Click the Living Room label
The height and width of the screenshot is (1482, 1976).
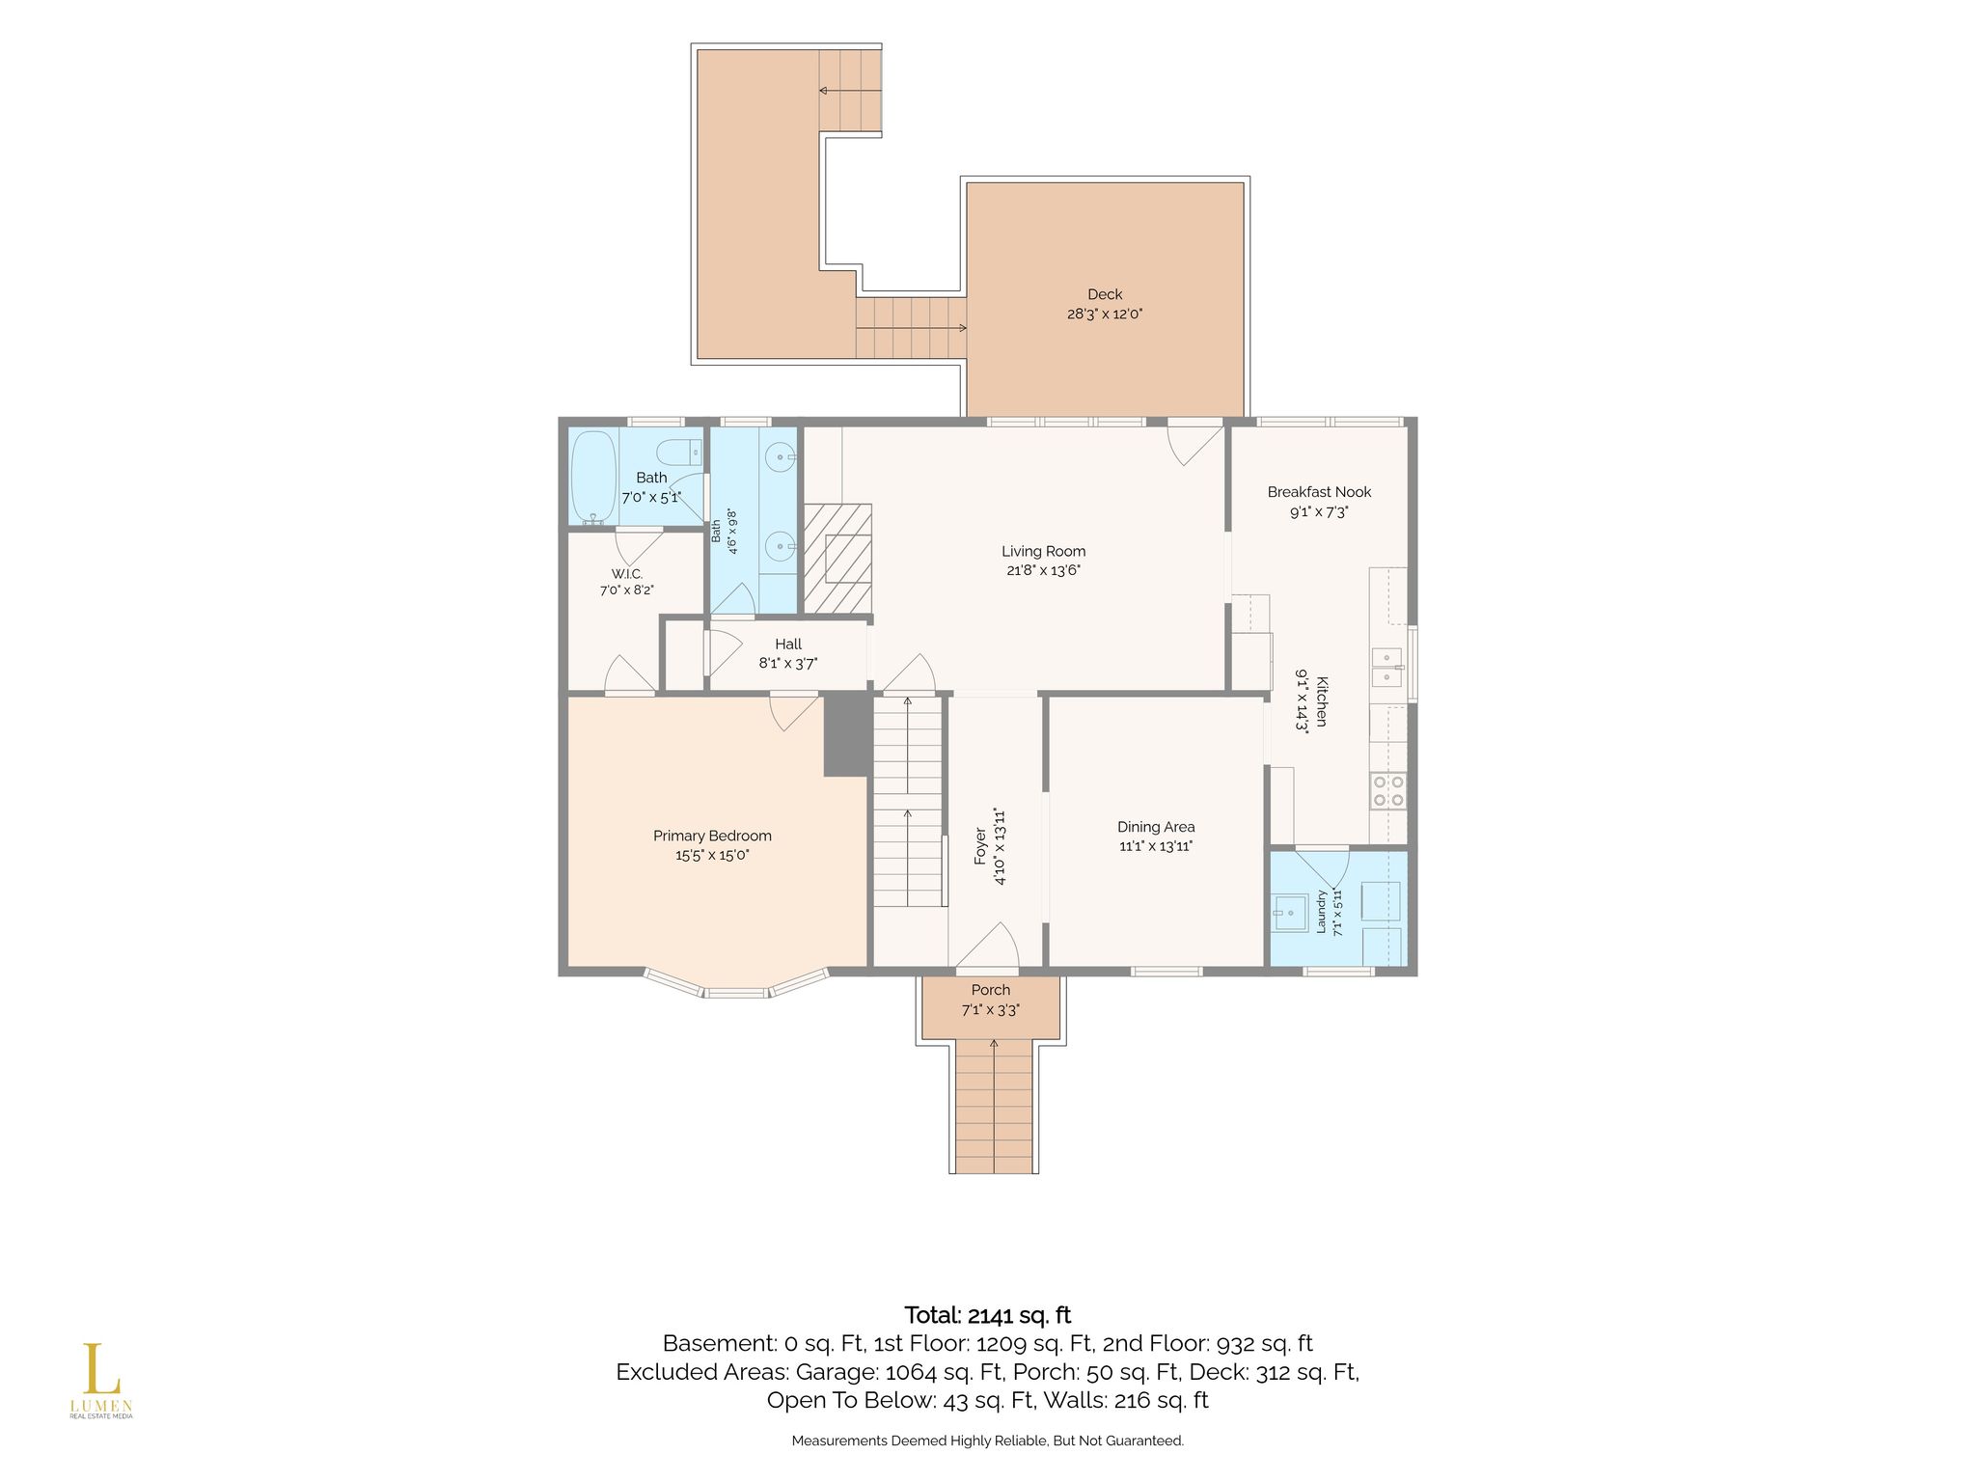(x=1043, y=552)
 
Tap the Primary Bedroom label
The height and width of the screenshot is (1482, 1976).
(x=712, y=837)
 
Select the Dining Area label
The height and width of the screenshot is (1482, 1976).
(x=1156, y=827)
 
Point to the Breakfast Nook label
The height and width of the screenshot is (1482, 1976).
(x=1319, y=492)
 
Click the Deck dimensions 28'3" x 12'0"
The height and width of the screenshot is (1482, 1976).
(x=1105, y=314)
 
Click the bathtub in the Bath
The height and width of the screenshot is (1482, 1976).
(x=593, y=478)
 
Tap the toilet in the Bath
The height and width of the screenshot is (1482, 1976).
(x=678, y=452)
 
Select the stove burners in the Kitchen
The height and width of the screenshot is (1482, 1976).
(x=1388, y=791)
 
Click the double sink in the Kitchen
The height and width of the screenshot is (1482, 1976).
(x=1387, y=667)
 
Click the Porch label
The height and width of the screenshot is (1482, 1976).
(x=991, y=990)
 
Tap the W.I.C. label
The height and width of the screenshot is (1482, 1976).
(x=626, y=574)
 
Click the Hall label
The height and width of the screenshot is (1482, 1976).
(x=788, y=645)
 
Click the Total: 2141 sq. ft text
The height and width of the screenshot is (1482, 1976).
(x=988, y=1315)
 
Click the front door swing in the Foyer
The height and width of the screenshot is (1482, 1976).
(x=988, y=947)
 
